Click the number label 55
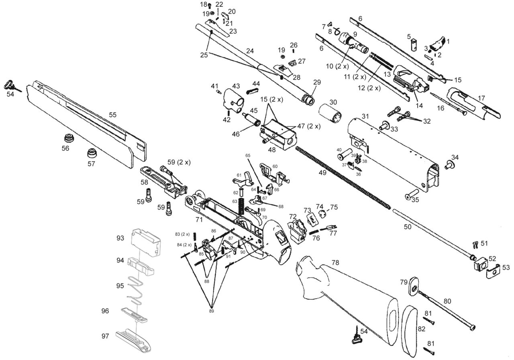pyautogui.click(x=113, y=115)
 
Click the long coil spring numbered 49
pyautogui.click(x=341, y=177)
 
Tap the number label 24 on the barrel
pyautogui.click(x=250, y=51)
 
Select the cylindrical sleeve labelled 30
pyautogui.click(x=331, y=113)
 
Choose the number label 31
pyautogui.click(x=365, y=116)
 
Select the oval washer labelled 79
pyautogui.click(x=412, y=287)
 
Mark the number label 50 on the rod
pyautogui.click(x=408, y=227)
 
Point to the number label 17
pyautogui.click(x=481, y=98)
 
